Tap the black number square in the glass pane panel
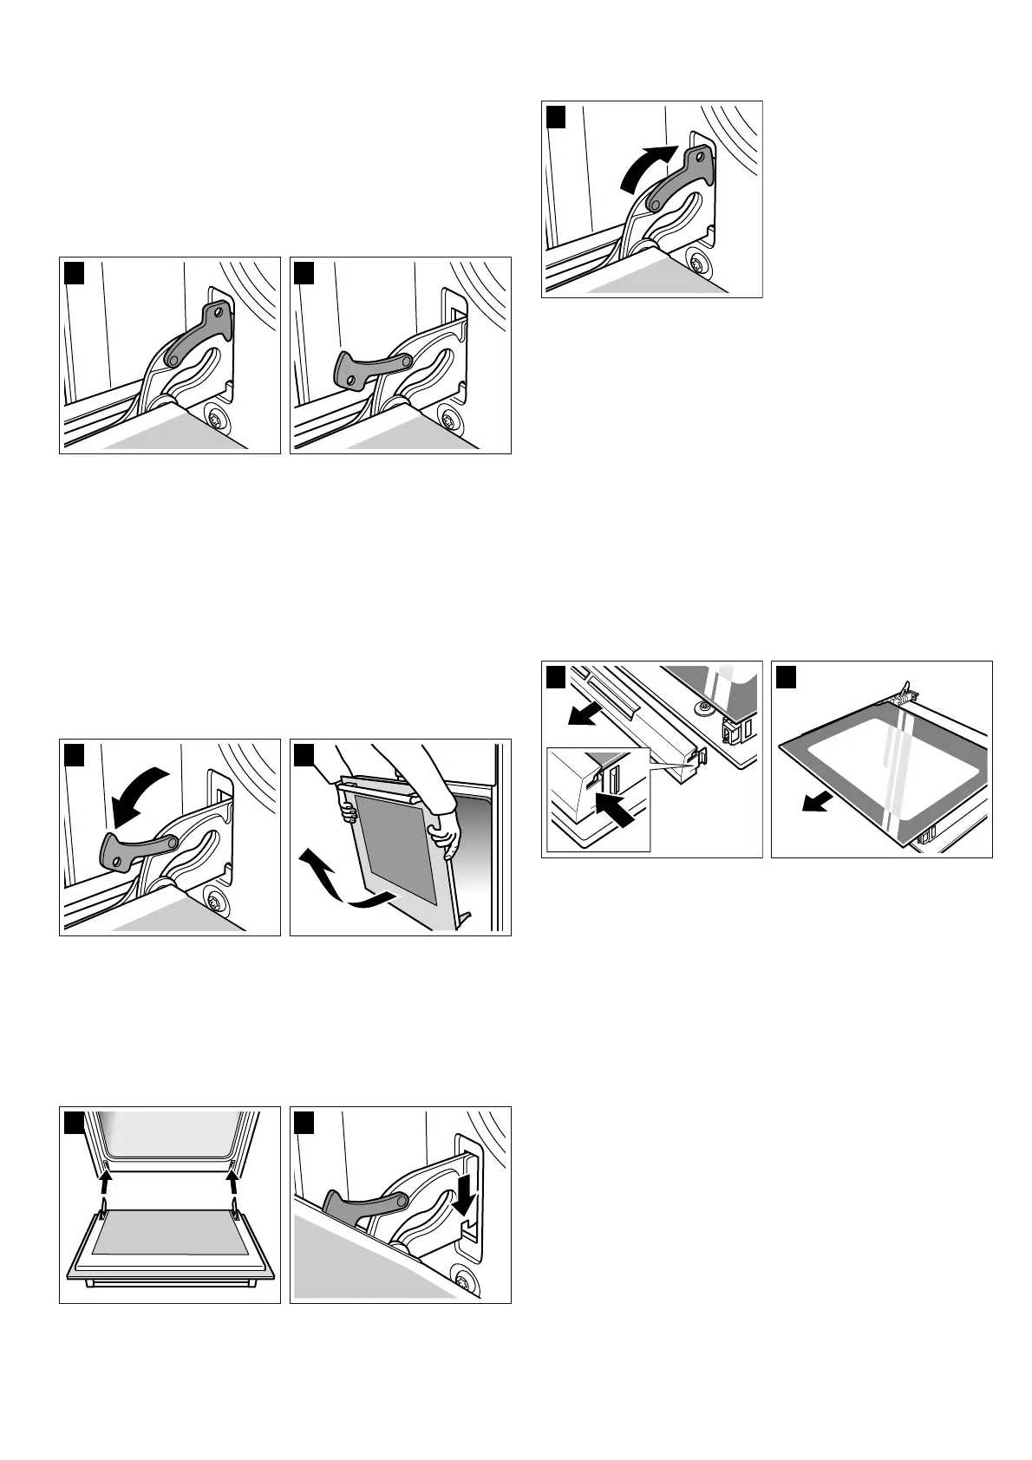click(x=787, y=675)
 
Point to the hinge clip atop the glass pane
click(x=906, y=693)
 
